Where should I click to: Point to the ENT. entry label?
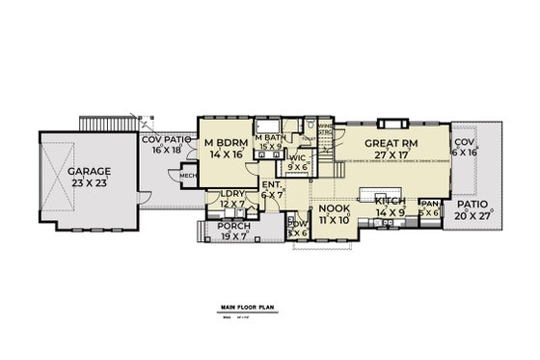point(273,184)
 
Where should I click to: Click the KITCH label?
point(391,200)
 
